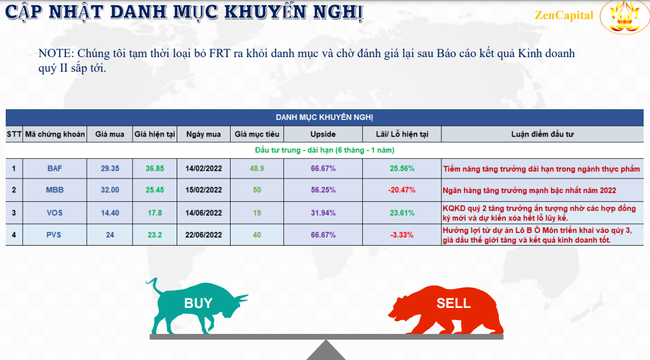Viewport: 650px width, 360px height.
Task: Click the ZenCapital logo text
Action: click(564, 15)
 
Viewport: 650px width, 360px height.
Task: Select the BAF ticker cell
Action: click(55, 169)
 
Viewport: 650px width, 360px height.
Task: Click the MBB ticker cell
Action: click(55, 190)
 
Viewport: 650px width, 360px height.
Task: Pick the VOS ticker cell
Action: click(55, 213)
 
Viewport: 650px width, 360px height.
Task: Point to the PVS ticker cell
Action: click(54, 235)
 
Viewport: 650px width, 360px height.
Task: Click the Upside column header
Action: click(323, 134)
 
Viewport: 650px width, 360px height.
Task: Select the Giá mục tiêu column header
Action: click(257, 134)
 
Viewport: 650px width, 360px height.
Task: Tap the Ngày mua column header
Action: click(203, 134)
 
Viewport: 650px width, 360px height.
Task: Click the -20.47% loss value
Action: click(402, 190)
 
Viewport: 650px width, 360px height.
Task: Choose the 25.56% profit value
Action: click(402, 169)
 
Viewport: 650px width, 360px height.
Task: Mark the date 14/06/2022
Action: click(203, 213)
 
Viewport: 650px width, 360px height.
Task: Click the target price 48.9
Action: click(257, 169)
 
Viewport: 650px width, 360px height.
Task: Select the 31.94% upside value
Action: click(323, 213)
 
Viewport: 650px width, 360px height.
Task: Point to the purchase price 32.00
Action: click(110, 190)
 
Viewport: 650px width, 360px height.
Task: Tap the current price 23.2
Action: click(154, 235)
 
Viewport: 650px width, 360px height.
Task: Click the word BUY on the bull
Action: click(198, 303)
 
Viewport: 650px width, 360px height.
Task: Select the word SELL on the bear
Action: click(454, 303)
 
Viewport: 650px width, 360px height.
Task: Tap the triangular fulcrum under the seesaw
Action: click(326, 351)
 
